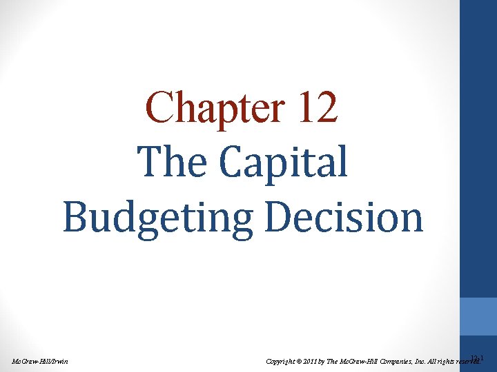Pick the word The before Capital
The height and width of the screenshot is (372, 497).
[x=171, y=162]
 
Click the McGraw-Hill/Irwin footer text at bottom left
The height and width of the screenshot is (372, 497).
[x=40, y=361]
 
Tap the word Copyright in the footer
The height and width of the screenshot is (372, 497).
[x=282, y=361]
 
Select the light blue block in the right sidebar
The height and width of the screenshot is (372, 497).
[x=478, y=316]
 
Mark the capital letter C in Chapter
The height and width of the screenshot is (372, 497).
[x=158, y=108]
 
